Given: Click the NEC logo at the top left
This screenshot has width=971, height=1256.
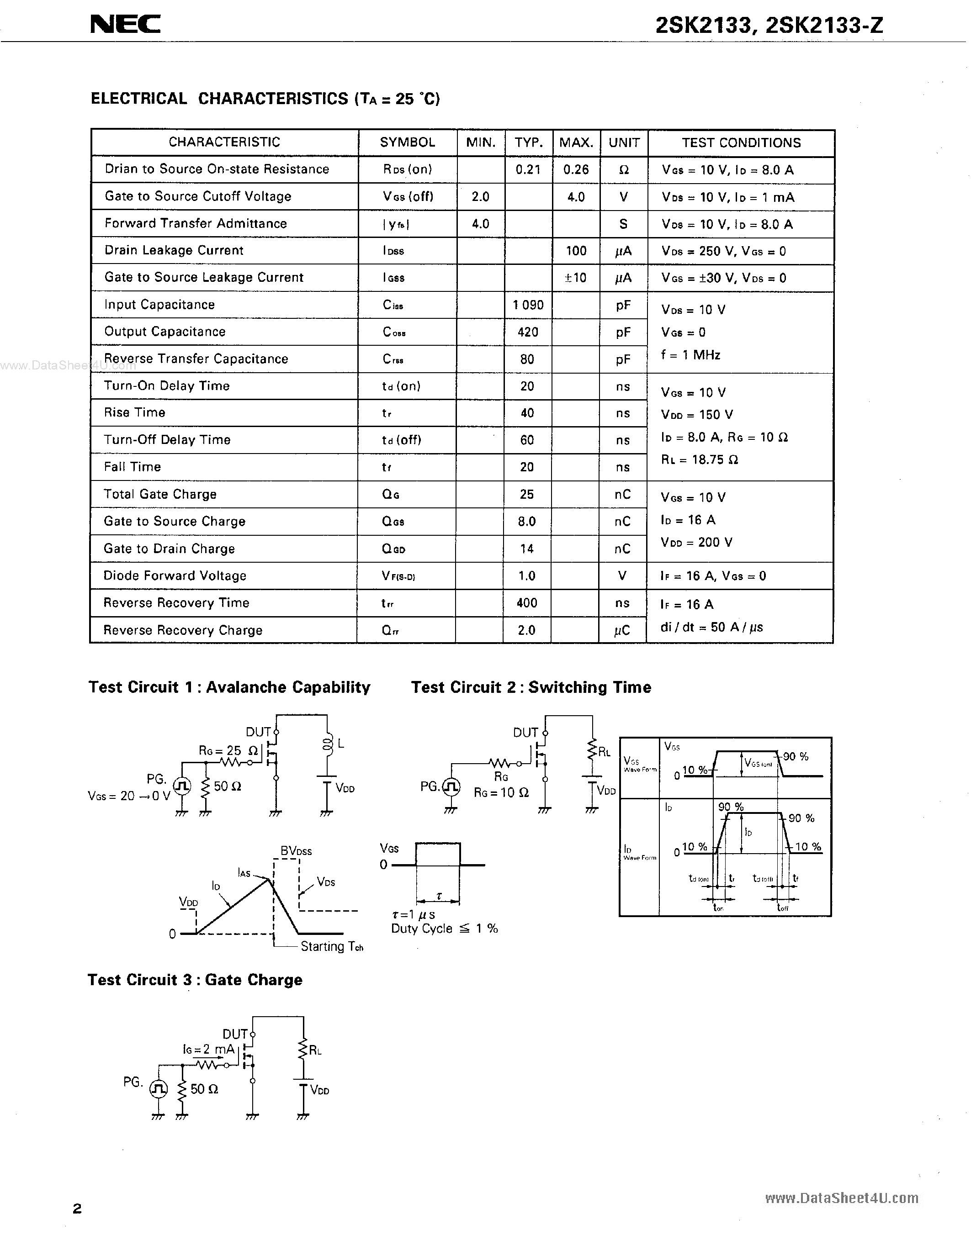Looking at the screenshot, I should (x=125, y=24).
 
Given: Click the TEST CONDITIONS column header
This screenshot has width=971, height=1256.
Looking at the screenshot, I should (x=741, y=142).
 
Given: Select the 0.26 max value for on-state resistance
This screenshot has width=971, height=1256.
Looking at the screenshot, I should (x=576, y=169).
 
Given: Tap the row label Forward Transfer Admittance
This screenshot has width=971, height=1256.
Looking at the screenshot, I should (x=196, y=224).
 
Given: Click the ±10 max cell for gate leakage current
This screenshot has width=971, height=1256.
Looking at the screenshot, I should (x=575, y=278).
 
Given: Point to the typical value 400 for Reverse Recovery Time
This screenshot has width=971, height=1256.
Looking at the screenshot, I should (x=527, y=603).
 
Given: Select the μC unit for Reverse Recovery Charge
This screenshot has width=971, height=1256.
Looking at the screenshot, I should (x=622, y=630).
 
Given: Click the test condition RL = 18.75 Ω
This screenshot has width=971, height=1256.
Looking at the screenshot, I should (x=700, y=459).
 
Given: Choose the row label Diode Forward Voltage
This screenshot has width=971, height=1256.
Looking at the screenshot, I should (x=175, y=575).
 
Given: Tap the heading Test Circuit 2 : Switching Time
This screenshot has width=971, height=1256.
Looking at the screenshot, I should (x=531, y=687).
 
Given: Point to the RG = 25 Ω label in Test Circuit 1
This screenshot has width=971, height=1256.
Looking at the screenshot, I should (x=228, y=750).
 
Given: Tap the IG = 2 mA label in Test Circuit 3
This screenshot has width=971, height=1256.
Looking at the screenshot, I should (x=208, y=1050).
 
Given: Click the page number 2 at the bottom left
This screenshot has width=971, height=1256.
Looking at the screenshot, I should (x=77, y=1208).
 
